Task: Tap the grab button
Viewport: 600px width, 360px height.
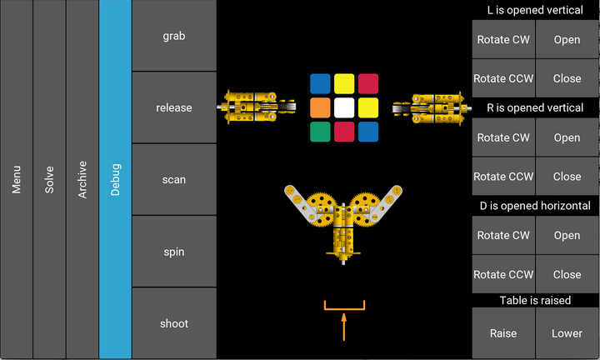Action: click(x=174, y=36)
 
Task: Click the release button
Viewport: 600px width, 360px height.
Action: click(x=174, y=107)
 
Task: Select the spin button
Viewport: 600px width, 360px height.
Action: click(x=174, y=252)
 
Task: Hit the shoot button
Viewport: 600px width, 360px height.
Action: click(x=174, y=323)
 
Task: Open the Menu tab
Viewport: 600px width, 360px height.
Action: click(x=17, y=179)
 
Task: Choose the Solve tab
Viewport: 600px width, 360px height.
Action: click(x=49, y=179)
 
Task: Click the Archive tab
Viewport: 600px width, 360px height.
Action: click(x=82, y=179)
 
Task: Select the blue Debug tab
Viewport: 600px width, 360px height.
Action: click(x=115, y=179)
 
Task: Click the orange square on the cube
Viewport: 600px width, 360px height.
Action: click(x=320, y=107)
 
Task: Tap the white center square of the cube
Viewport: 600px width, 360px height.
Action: click(x=344, y=107)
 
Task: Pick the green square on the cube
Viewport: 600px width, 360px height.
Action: click(x=320, y=132)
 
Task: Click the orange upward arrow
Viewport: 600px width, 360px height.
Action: click(x=343, y=327)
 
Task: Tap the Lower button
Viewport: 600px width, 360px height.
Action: click(x=567, y=333)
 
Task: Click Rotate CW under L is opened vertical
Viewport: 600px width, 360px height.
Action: click(x=503, y=39)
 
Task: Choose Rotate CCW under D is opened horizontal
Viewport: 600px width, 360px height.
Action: click(x=503, y=274)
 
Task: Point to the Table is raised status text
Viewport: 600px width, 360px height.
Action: click(x=535, y=300)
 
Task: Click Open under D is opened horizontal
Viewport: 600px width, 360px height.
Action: click(x=567, y=235)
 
